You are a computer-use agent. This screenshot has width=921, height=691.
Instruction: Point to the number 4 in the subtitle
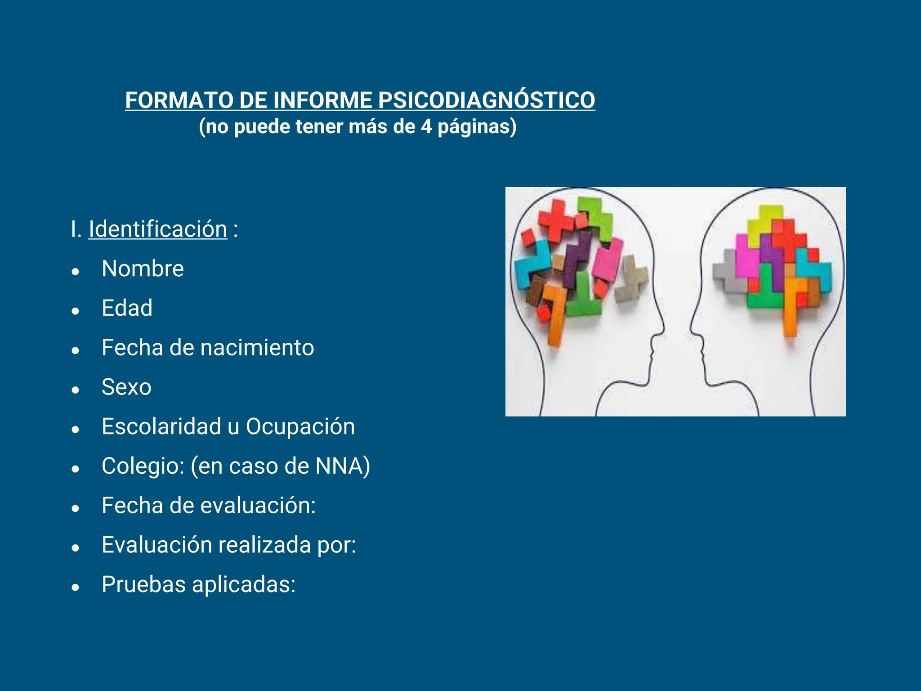(426, 126)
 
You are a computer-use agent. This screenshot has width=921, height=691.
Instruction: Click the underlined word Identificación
(158, 229)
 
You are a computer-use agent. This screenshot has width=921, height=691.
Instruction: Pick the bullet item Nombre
(143, 269)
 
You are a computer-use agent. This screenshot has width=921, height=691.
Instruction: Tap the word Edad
(127, 308)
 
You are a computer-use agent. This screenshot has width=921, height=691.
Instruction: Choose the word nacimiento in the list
(257, 348)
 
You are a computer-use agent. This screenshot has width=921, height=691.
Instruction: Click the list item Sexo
(126, 387)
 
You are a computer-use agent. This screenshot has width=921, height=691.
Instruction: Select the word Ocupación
(300, 426)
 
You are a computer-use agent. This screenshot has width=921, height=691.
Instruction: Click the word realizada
(264, 545)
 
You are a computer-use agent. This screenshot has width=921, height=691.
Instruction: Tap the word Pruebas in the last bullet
(143, 584)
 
